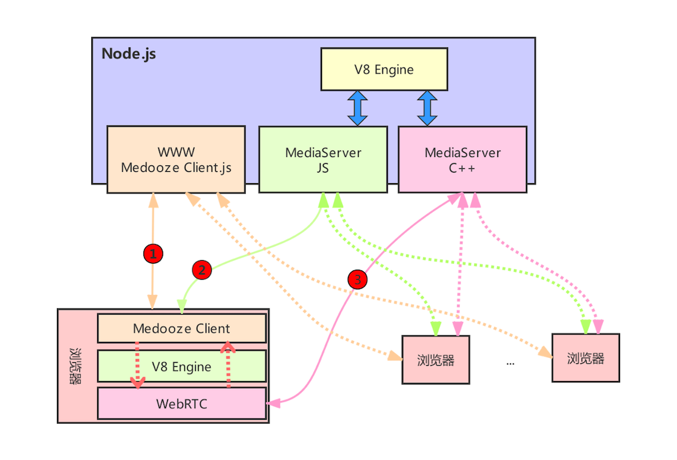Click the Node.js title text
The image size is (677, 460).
tap(129, 53)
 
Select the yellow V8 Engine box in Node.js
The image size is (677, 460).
tap(384, 69)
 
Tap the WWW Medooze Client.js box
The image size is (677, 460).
tap(176, 159)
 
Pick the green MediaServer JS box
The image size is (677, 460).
tap(323, 159)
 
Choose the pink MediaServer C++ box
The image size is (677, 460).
tap(462, 159)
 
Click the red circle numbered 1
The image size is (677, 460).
tap(153, 254)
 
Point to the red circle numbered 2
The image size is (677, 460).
tap(202, 270)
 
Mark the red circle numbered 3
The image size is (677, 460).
tap(357, 279)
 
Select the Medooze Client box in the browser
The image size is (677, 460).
tap(181, 328)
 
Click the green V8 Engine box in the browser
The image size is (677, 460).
tap(181, 366)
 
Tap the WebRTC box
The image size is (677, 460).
tap(181, 404)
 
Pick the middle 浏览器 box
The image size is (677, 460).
tap(436, 360)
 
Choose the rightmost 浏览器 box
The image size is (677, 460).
tap(585, 358)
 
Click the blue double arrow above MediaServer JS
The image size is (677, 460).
tap(357, 108)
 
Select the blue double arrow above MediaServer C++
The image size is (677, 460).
tap(427, 108)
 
